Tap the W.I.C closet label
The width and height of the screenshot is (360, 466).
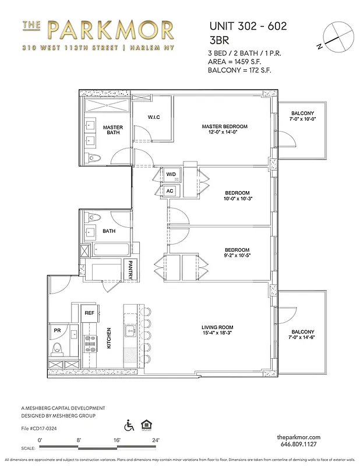pos(154,118)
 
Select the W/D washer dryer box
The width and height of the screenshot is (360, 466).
pos(171,174)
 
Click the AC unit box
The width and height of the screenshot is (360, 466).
pos(170,190)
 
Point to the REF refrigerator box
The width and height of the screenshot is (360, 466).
pos(89,313)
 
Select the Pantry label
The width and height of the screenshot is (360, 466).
pos(132,269)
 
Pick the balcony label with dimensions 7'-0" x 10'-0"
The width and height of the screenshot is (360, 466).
pos(302,116)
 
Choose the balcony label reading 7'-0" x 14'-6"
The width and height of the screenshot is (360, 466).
pos(302,334)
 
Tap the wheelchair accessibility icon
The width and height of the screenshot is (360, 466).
pos(129,426)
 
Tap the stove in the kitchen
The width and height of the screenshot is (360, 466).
pos(91,344)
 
